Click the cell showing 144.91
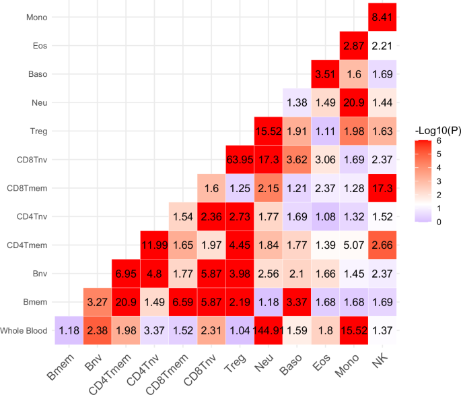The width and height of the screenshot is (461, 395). tap(268, 330)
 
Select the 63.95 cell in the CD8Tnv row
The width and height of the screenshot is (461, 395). tap(240, 160)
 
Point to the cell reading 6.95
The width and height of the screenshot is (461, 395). tap(126, 274)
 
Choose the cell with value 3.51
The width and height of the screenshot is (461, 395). tap(325, 74)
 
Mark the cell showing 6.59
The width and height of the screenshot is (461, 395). tap(183, 302)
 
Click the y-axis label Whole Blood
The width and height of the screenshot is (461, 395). tap(24, 330)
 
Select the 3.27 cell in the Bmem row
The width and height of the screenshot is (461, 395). tap(98, 302)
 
